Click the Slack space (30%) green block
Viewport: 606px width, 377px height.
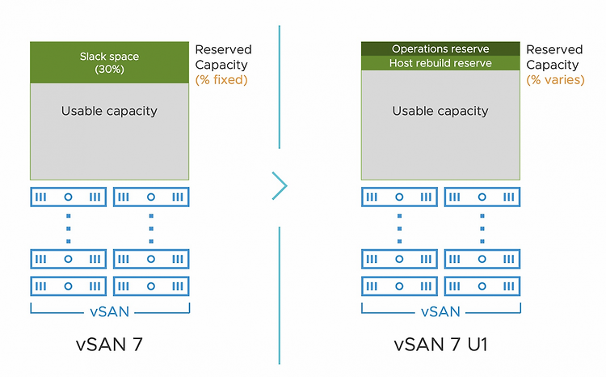[x=109, y=62]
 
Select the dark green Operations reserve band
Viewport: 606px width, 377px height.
[x=440, y=49]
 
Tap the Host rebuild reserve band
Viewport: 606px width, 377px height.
[x=440, y=63]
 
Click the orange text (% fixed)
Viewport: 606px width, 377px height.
[x=221, y=80]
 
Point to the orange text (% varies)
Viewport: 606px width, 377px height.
[x=555, y=80]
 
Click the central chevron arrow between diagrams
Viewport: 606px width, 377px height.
[x=280, y=186]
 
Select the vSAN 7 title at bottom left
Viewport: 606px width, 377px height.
[x=109, y=344]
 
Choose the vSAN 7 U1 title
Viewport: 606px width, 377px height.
[x=440, y=344]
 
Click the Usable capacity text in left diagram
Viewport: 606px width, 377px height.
[x=109, y=111]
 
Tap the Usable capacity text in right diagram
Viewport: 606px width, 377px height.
[x=440, y=111]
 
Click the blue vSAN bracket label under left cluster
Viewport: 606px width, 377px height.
[x=109, y=311]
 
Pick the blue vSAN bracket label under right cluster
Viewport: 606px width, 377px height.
[x=440, y=311]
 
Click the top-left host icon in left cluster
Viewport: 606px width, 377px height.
[x=69, y=197]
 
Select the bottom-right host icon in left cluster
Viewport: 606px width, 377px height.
[x=151, y=286]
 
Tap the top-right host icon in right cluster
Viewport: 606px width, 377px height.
[x=482, y=197]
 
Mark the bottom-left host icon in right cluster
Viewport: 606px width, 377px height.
[x=400, y=286]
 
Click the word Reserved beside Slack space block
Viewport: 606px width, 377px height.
[x=223, y=49]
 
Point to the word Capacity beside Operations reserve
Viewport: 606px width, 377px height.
[x=553, y=65]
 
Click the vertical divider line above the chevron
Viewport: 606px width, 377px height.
[x=280, y=87]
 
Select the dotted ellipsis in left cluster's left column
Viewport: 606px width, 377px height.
[x=69, y=229]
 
